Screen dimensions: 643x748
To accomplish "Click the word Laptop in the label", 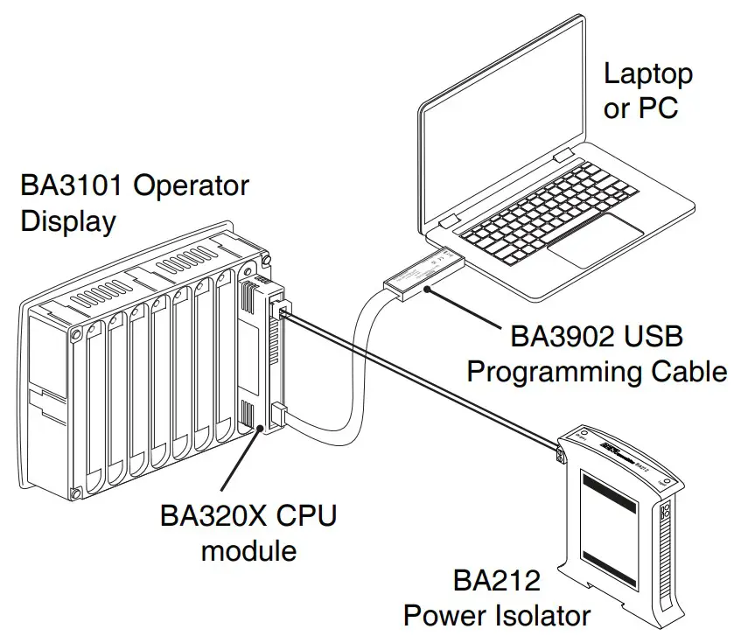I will (x=647, y=75).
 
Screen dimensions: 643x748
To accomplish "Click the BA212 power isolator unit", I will (x=620, y=516).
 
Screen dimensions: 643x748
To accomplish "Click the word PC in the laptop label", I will (x=659, y=109).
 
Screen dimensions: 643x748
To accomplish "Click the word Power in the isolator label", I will (x=444, y=615).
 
